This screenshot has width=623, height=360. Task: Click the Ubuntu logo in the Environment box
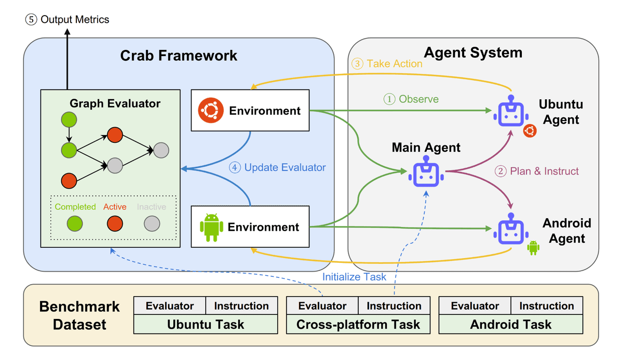point(211,110)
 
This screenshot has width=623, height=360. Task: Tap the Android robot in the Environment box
point(211,227)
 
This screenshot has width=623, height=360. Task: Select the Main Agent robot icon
point(426,174)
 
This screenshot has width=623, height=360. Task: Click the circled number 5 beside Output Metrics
point(31,20)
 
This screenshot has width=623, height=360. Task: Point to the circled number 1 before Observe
point(389,99)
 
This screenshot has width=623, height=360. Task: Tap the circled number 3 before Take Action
point(357,63)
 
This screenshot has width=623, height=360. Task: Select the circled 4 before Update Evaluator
point(235,167)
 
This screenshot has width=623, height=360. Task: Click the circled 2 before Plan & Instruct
point(500,171)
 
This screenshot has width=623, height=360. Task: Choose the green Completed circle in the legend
point(75,224)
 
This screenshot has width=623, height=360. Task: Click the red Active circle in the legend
point(115,224)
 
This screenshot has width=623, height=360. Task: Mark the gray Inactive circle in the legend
point(152,224)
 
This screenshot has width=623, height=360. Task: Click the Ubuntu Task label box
point(206,325)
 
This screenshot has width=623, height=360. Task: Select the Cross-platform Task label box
point(358,325)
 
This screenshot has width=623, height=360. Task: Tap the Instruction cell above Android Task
point(547,306)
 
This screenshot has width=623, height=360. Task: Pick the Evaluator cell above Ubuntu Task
point(170,306)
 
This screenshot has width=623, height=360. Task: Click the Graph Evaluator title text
point(115,103)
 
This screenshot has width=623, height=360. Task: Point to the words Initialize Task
point(354,277)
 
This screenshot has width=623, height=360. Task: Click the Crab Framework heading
point(179,56)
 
